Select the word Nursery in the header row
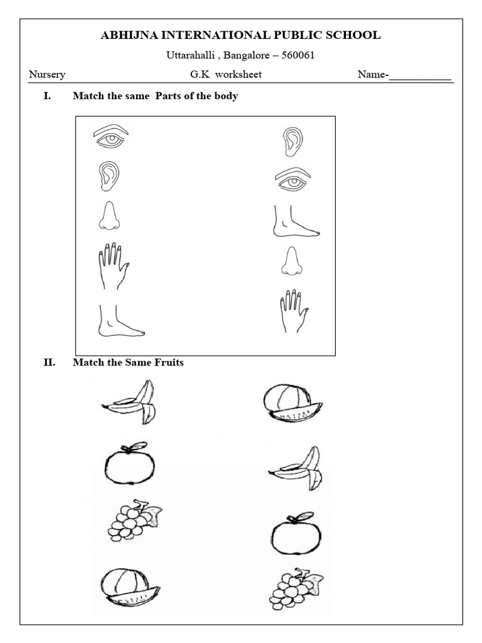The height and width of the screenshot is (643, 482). point(47,75)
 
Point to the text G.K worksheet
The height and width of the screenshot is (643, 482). point(226,75)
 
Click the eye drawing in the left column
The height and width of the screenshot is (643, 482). point(111,136)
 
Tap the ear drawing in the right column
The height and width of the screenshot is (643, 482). point(292,141)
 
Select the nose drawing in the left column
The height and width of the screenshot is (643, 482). point(109,216)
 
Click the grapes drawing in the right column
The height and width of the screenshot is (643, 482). point(295,589)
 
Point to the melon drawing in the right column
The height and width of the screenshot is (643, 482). point(292,403)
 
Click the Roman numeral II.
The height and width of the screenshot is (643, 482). point(50,362)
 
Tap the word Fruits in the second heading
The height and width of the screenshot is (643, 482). point(168,362)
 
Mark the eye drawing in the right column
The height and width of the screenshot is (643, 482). point(293,180)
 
